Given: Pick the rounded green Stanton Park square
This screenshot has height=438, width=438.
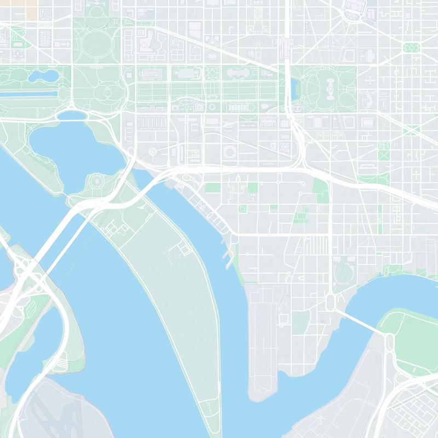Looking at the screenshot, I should pos(411,48).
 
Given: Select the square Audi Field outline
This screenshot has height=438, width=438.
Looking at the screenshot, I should pos(284,319).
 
